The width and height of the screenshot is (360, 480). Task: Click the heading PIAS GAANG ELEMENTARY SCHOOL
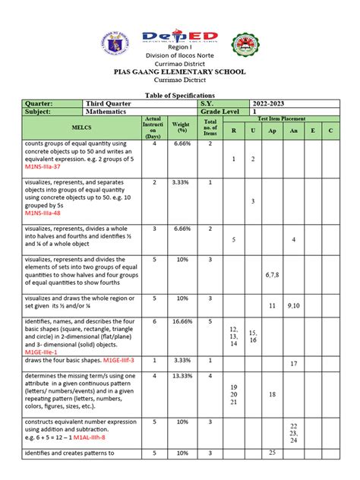click(x=179, y=71)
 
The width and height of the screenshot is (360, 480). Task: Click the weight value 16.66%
click(x=181, y=321)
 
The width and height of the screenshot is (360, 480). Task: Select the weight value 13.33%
click(x=181, y=375)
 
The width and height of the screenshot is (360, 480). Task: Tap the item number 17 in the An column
click(x=293, y=364)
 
